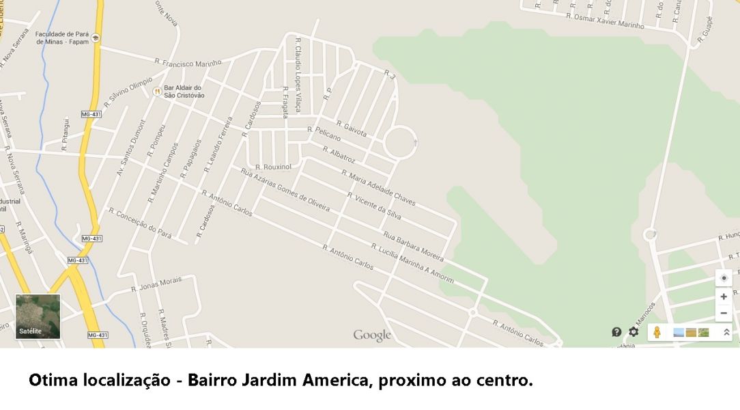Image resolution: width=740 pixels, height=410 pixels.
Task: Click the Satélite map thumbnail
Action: pyautogui.click(x=38, y=316)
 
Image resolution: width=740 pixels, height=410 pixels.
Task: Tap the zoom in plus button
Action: pyautogui.click(x=724, y=297)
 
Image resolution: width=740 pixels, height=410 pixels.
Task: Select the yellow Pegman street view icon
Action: pyautogui.click(x=657, y=332)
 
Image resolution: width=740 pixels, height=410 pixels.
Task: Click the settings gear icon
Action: pyautogui.click(x=634, y=332)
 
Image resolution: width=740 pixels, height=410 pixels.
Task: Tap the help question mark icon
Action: pyautogui.click(x=617, y=332)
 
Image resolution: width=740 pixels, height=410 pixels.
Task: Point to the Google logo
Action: pyautogui.click(x=372, y=335)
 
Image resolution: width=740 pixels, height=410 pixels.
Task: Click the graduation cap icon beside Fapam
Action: pyautogui.click(x=96, y=38)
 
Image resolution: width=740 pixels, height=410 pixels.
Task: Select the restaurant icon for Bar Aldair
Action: pyautogui.click(x=156, y=91)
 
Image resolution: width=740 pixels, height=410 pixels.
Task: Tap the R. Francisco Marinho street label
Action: pyautogui.click(x=188, y=63)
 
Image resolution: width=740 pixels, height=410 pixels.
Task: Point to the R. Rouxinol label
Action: pyautogui.click(x=274, y=166)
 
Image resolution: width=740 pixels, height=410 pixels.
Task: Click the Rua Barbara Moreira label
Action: pyautogui.click(x=414, y=247)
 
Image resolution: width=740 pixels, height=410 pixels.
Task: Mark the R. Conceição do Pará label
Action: pyautogui.click(x=140, y=223)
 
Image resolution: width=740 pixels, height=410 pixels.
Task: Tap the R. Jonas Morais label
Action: pyautogui.click(x=156, y=284)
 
